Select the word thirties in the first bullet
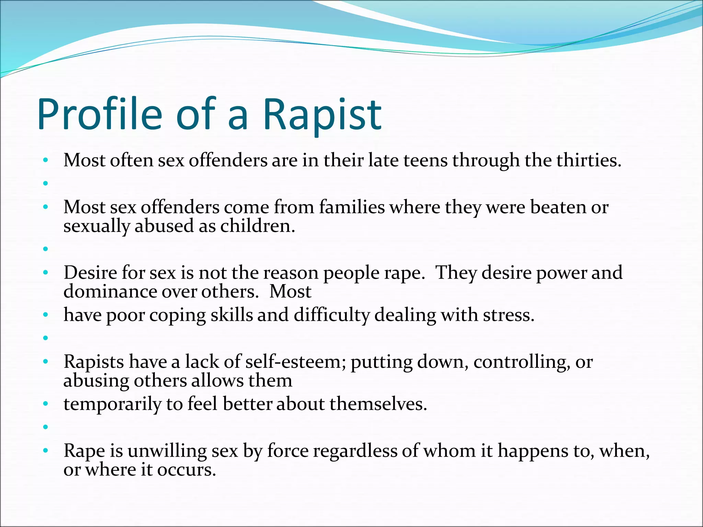coord(588,160)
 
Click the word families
coord(352,207)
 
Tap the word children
coord(257,226)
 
